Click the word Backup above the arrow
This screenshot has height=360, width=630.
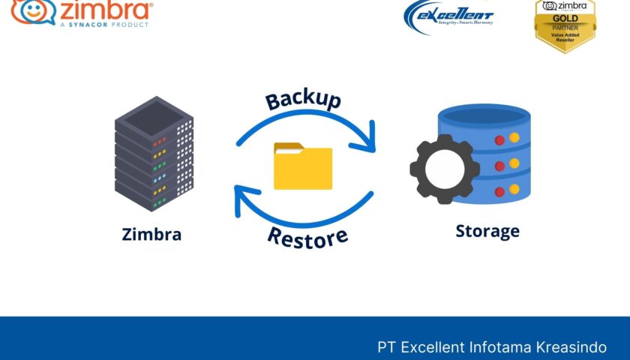304,100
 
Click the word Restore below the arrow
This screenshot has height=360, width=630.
307,237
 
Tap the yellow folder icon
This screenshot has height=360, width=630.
303,166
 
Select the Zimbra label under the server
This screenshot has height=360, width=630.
151,234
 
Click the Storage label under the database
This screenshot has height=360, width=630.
487,230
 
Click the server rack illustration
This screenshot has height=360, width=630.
154,153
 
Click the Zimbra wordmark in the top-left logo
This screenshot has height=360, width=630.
105,10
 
